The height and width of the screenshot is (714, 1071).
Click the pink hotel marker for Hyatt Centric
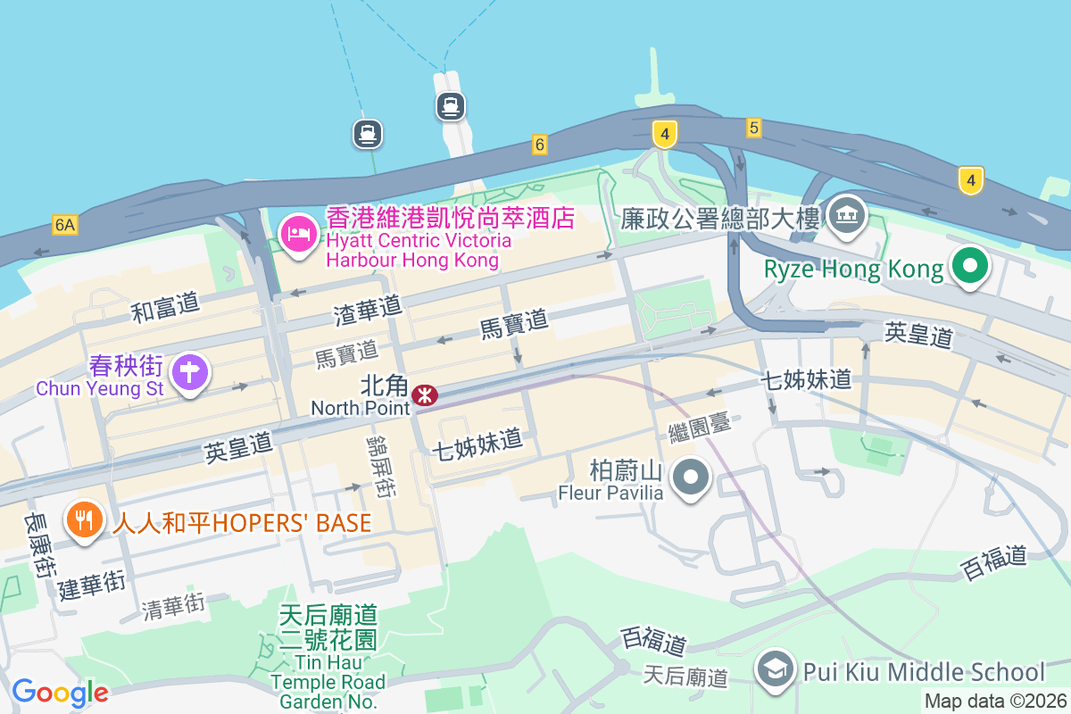297,234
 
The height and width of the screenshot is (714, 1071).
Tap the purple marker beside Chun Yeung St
189,372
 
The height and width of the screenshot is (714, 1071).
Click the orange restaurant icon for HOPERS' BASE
85,520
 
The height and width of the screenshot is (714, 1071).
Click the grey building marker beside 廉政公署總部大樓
847,214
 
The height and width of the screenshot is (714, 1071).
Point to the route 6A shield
64,224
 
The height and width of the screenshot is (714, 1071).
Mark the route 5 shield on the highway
754,129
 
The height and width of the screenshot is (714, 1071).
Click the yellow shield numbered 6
539,144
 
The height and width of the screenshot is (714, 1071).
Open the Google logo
60,693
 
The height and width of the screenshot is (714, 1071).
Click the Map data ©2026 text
995,702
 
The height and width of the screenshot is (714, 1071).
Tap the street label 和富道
165,307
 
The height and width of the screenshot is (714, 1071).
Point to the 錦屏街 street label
381,466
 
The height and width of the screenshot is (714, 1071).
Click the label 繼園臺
700,428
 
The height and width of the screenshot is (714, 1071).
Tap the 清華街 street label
173,607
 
